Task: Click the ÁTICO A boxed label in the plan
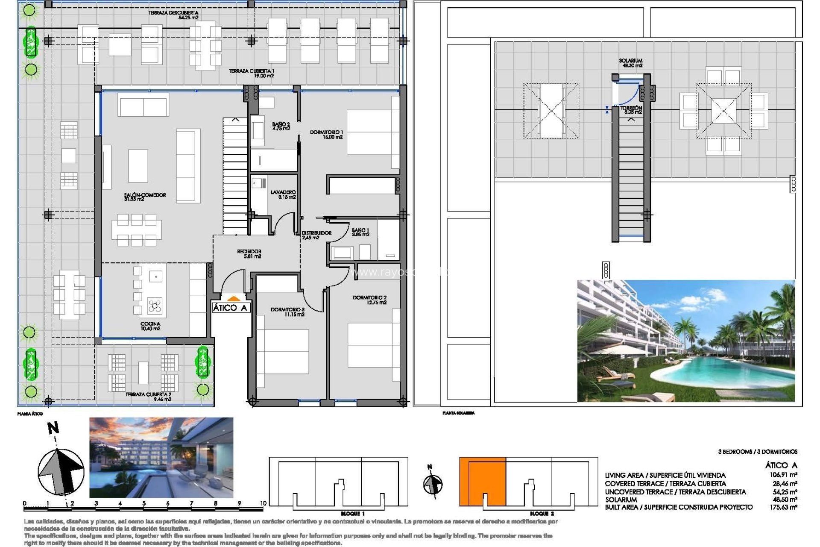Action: tap(230, 308)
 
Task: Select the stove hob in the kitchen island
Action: tap(155, 306)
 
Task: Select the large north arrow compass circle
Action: tap(61, 472)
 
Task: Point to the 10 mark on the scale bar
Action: tap(263, 503)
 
